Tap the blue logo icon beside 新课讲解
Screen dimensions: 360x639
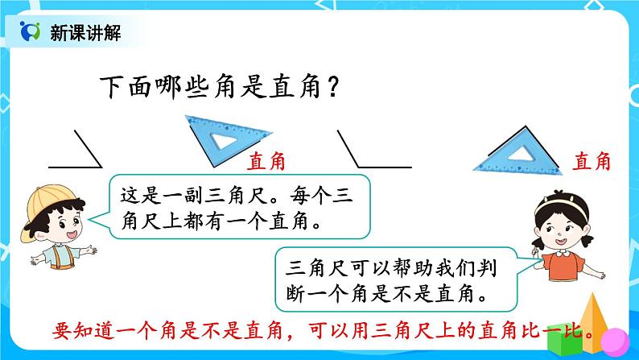(x=30, y=32)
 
